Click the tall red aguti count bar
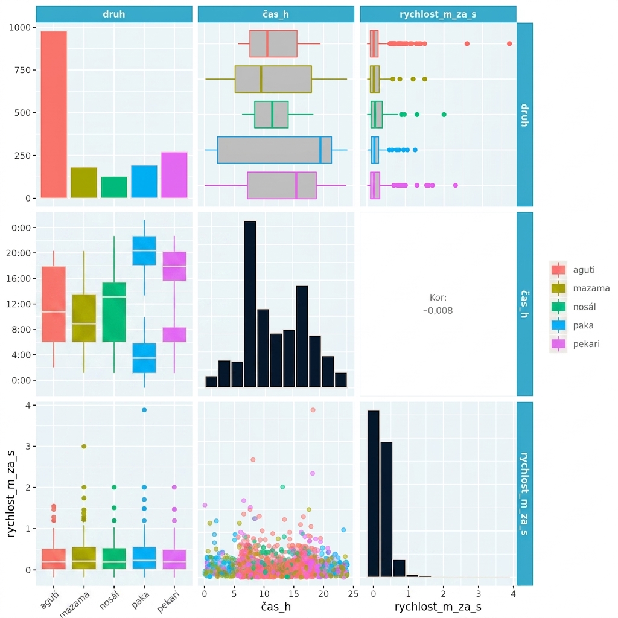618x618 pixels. click(54, 114)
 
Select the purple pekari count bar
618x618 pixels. click(174, 175)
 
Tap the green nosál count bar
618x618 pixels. click(114, 187)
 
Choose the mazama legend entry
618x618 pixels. click(580, 288)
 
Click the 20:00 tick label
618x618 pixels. click(18, 253)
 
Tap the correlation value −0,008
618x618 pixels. click(438, 311)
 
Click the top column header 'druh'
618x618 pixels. click(114, 14)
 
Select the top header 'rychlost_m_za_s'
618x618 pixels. click(438, 14)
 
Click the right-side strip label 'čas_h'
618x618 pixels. click(524, 304)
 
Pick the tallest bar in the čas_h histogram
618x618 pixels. click(250, 304)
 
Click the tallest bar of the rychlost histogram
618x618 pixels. click(373, 494)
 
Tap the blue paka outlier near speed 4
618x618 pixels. click(144, 410)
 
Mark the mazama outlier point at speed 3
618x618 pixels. click(84, 447)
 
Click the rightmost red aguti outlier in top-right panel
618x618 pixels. click(509, 43)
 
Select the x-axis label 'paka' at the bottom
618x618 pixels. click(141, 600)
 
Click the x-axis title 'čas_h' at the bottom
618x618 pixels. click(276, 607)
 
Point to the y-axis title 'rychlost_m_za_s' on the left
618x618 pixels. click(11, 494)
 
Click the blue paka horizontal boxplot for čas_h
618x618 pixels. click(275, 150)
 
